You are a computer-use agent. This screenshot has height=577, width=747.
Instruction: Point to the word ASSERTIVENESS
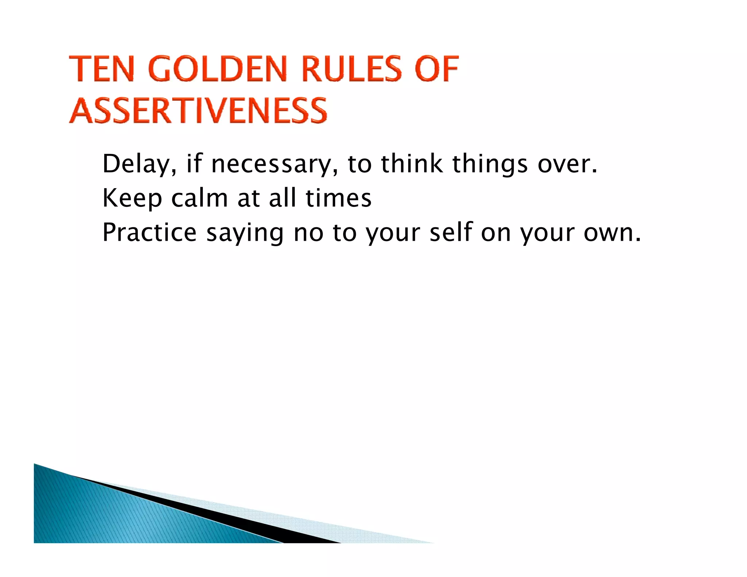coord(198,111)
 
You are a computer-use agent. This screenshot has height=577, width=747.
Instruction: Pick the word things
coord(490,164)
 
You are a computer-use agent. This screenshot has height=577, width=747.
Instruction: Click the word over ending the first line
coord(567,164)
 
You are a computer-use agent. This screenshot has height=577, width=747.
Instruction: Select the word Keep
coord(132,198)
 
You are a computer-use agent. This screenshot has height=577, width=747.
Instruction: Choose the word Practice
coord(150,232)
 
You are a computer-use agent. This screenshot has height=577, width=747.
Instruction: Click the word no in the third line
coord(309,233)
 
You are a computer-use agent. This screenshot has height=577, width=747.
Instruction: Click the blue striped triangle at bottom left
coord(109,518)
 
